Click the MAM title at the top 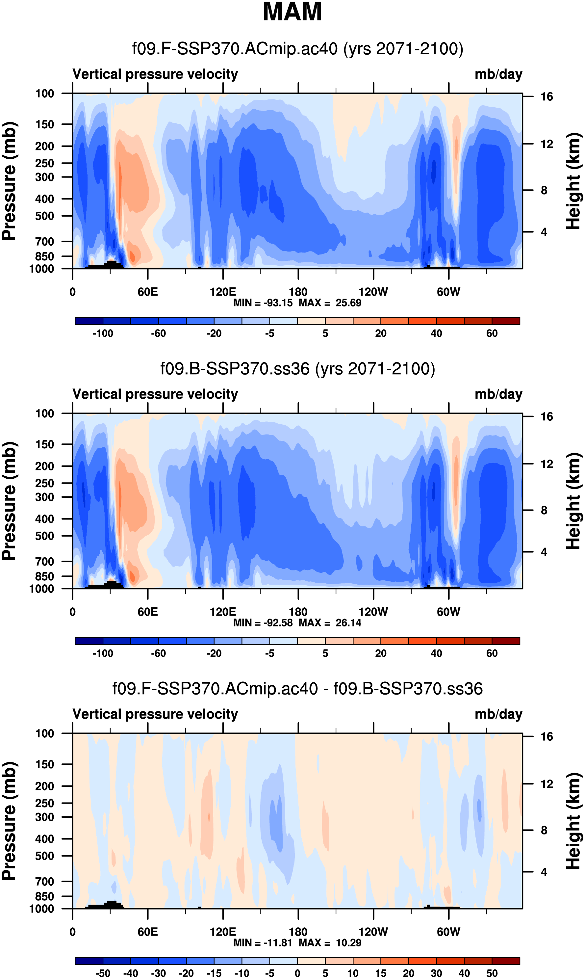tap(292, 12)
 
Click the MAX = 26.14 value tap(330, 622)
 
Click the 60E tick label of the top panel tap(148, 292)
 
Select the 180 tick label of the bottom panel tap(298, 932)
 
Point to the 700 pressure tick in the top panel tap(44, 241)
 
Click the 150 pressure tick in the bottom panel tap(44, 764)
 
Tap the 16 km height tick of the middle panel tap(547, 417)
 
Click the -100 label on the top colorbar tap(103, 333)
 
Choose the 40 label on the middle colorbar tap(436, 653)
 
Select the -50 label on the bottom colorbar tap(103, 973)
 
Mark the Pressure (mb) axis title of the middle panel tap(9, 501)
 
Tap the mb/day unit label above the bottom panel tap(498, 714)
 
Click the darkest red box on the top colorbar tap(506, 321)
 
